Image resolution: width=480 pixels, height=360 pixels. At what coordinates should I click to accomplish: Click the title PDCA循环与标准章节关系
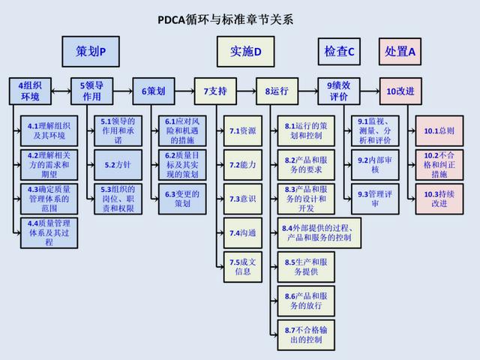pyautogui.click(x=225, y=19)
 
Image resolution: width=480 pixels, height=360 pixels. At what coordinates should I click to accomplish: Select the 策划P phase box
pyautogui.click(x=91, y=52)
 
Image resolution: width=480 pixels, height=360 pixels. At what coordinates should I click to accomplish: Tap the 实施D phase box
pyautogui.click(x=245, y=52)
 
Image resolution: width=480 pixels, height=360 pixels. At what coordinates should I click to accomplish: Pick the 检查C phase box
pyautogui.click(x=339, y=52)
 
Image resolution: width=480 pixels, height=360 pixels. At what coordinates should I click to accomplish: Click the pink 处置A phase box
pyautogui.click(x=400, y=52)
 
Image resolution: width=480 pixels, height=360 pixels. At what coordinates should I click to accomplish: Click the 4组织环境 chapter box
pyautogui.click(x=30, y=91)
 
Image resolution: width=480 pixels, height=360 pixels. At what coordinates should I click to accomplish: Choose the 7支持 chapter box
pyautogui.click(x=215, y=91)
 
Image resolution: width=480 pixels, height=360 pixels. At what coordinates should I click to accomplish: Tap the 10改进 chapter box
pyautogui.click(x=400, y=91)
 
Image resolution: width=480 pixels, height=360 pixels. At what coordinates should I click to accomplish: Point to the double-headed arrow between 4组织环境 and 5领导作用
pyautogui.click(x=61, y=91)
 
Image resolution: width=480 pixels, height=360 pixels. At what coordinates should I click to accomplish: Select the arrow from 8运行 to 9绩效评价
pyautogui.click(x=308, y=91)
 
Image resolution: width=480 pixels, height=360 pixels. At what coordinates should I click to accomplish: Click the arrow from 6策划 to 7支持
pyautogui.click(x=184, y=91)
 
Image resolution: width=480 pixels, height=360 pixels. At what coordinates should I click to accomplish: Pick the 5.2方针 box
pyautogui.click(x=118, y=165)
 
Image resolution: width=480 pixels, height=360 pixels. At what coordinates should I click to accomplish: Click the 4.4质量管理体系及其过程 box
pyautogui.click(x=49, y=233)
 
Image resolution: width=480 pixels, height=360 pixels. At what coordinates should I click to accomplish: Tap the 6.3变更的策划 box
pyautogui.click(x=182, y=199)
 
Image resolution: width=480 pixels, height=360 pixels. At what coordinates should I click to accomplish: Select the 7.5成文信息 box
pyautogui.click(x=243, y=267)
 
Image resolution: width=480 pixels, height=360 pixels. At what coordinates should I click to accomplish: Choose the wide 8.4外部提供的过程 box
pyautogui.click(x=319, y=233)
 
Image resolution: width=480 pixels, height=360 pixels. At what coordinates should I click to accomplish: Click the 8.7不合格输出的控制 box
pyautogui.click(x=306, y=335)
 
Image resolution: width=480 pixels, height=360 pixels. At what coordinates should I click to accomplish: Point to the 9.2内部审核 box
pyautogui.click(x=375, y=165)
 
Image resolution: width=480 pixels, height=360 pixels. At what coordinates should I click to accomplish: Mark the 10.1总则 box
pyautogui.click(x=439, y=130)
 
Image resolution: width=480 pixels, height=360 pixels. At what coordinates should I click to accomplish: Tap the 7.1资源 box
pyautogui.click(x=243, y=130)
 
